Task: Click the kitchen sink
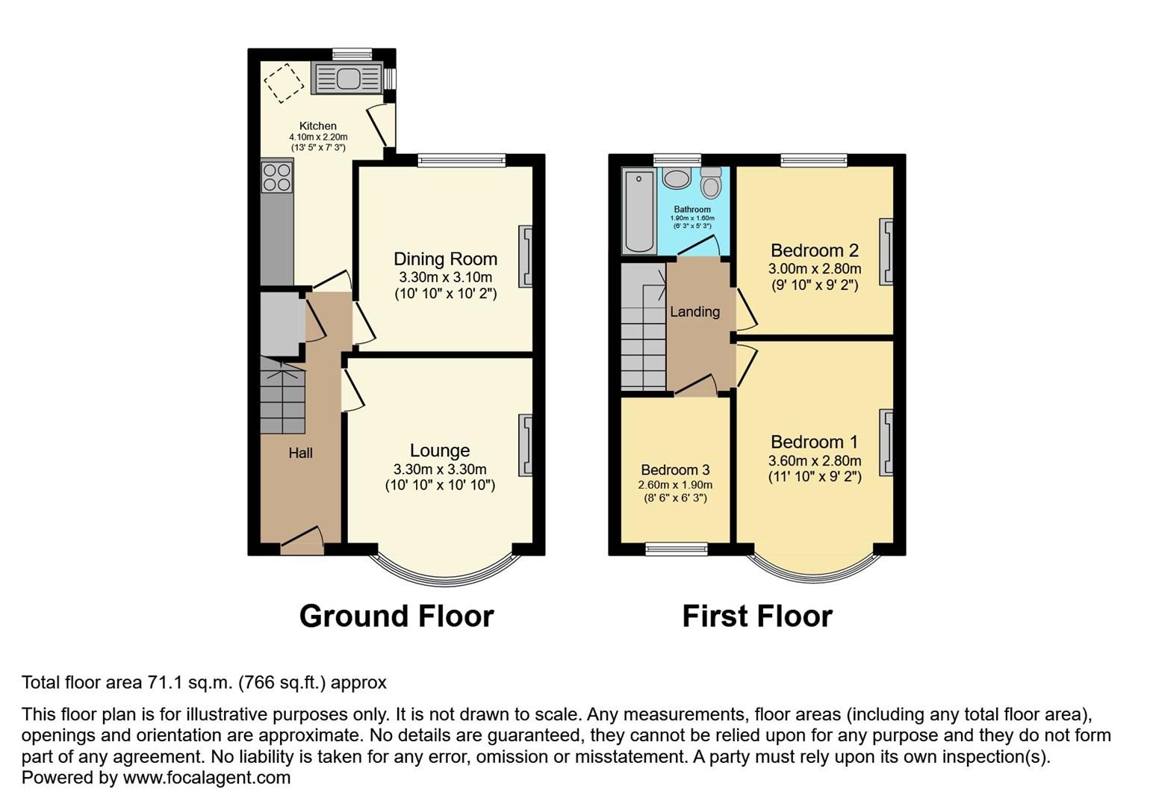pyautogui.click(x=348, y=78)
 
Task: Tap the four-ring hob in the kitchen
pyautogui.click(x=276, y=176)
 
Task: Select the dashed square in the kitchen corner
pyautogui.click(x=285, y=82)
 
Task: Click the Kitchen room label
pyautogui.click(x=318, y=126)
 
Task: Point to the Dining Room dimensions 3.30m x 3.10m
pyautogui.click(x=445, y=277)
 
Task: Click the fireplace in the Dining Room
pyautogui.click(x=526, y=256)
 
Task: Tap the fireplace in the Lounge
pyautogui.click(x=526, y=445)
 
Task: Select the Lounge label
pyautogui.click(x=440, y=451)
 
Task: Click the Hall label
pyautogui.click(x=300, y=453)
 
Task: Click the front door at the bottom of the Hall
pyautogui.click(x=302, y=548)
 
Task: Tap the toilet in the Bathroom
pyautogui.click(x=711, y=182)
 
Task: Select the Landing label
pyautogui.click(x=694, y=312)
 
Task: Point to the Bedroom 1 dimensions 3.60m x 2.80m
pyautogui.click(x=814, y=461)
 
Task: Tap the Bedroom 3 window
pyautogui.click(x=677, y=550)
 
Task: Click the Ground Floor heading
pyautogui.click(x=397, y=616)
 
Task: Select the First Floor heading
pyautogui.click(x=757, y=616)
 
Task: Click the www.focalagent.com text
pyautogui.click(x=206, y=777)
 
